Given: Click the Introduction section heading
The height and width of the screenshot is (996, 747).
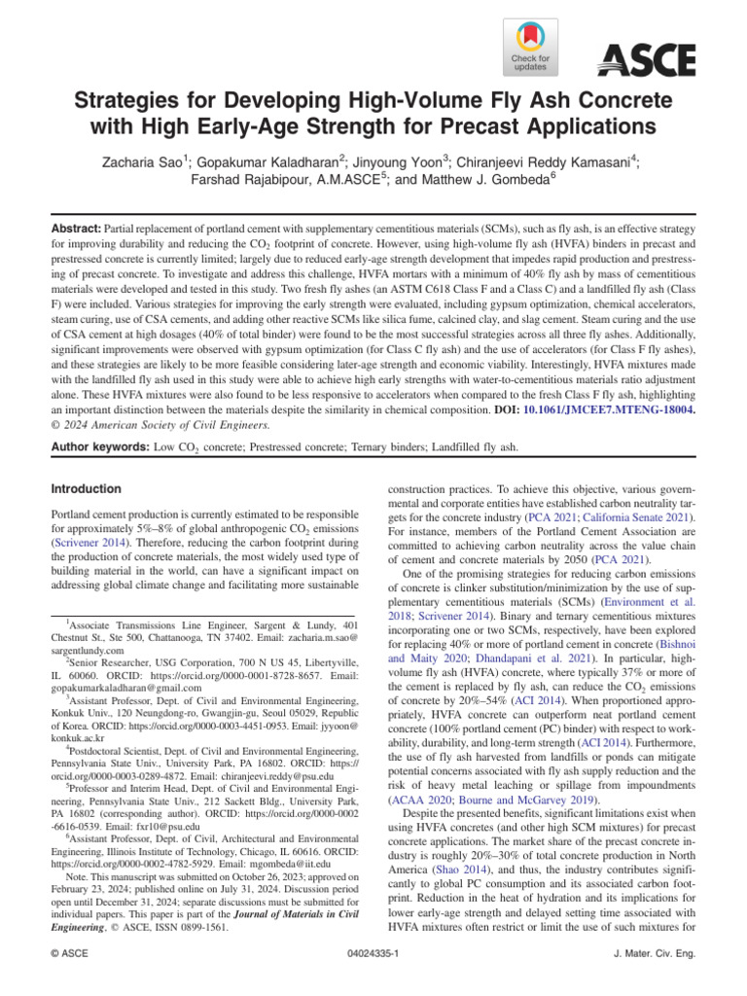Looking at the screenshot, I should [86, 489].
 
